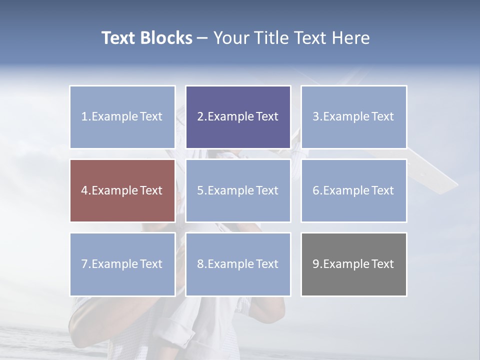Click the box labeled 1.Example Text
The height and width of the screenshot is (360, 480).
122,117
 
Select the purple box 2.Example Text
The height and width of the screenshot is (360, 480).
238,117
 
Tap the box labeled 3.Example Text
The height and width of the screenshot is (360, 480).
353,117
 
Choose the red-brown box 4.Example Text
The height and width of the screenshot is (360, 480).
122,190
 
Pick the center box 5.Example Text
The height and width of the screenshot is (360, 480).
238,190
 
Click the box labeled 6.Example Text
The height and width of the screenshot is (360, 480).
353,190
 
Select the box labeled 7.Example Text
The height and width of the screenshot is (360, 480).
122,264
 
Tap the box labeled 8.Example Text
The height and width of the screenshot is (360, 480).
238,264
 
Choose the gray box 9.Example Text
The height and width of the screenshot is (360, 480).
353,264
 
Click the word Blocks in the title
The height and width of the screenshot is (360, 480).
166,38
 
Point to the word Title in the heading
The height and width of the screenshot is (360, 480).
272,38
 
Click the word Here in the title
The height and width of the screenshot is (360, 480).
351,38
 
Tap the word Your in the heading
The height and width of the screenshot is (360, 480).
231,38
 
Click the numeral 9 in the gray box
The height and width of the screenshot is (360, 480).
316,264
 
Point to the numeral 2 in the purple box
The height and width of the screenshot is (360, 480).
200,117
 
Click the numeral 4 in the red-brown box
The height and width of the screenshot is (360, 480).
84,190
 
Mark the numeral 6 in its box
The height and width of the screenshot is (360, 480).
316,190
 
